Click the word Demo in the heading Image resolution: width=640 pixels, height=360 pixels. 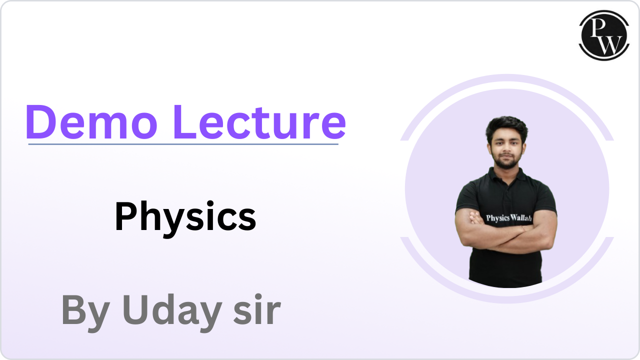[91, 122]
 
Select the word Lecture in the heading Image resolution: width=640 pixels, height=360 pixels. [260, 122]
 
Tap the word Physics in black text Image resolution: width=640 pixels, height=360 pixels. [185, 219]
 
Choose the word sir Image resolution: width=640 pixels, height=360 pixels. [257, 310]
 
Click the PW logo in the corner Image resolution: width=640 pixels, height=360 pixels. [604, 35]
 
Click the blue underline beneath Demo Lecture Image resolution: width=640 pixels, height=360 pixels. [183, 144]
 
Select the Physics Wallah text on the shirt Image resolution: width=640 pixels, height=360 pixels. [509, 218]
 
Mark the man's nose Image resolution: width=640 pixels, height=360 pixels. [506, 147]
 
